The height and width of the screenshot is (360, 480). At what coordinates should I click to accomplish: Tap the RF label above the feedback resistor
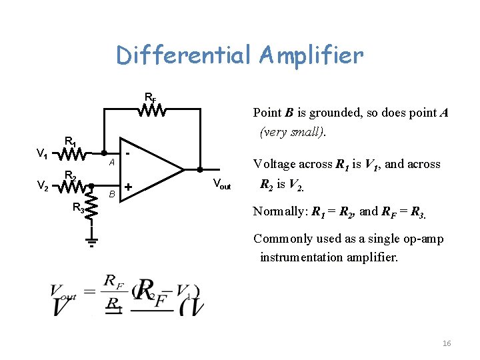pos(151,98)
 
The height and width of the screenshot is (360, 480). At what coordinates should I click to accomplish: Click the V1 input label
pos(41,155)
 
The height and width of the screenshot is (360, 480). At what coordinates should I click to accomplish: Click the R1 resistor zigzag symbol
pos(70,154)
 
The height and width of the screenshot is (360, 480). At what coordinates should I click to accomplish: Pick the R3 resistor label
pos(78,208)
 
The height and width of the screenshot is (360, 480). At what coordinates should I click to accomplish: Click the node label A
pos(113,163)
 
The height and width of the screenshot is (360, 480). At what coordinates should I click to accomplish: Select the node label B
pos(113,194)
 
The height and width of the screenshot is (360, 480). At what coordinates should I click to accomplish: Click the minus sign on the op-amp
pos(127,153)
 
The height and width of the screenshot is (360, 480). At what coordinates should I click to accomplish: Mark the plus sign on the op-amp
pos(128,186)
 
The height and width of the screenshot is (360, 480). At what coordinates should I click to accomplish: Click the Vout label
pos(222,185)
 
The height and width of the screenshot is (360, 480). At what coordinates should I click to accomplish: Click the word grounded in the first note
pos(328,113)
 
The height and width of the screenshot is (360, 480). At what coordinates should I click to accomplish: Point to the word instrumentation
pos(303,257)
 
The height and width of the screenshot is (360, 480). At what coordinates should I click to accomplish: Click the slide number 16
pos(447,343)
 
